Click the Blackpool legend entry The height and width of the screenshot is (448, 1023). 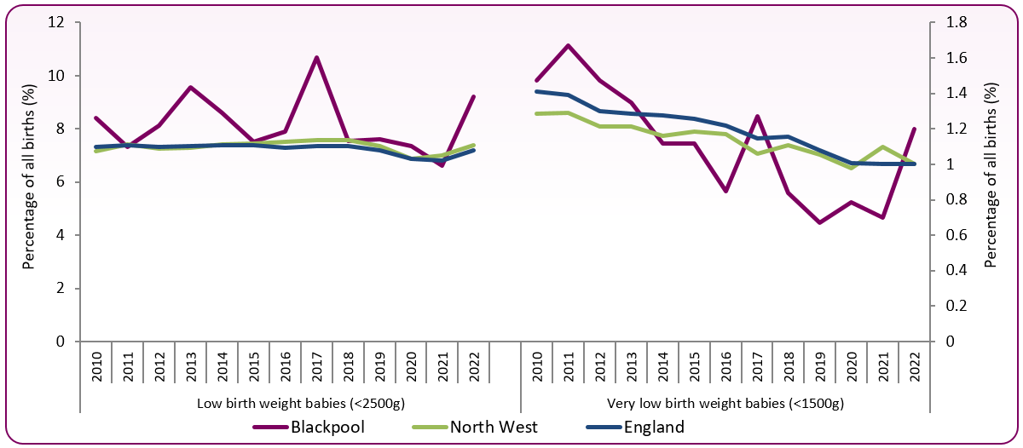tap(328, 427)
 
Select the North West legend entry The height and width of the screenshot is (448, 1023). tap(494, 427)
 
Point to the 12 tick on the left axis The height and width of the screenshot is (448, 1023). tap(58, 23)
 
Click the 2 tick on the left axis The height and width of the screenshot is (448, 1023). tap(61, 289)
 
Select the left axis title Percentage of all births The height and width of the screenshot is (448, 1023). tap(29, 182)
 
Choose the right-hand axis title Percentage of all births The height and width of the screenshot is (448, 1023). tap(990, 182)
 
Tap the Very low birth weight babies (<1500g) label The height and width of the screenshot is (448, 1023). tap(725, 402)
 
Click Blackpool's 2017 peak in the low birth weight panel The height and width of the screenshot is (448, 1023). tap(316, 57)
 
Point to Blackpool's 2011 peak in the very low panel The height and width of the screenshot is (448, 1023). tap(568, 45)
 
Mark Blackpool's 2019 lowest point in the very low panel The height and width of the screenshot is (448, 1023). tap(819, 222)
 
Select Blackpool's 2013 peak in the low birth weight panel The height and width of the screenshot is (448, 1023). tap(190, 87)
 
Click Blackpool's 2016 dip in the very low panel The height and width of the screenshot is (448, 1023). tap(725, 192)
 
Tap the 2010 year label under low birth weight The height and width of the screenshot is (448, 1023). tap(95, 364)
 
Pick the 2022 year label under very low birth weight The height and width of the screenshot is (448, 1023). tap(914, 364)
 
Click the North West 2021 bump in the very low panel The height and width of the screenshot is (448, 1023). tap(882, 147)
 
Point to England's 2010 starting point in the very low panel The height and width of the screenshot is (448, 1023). tap(537, 91)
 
